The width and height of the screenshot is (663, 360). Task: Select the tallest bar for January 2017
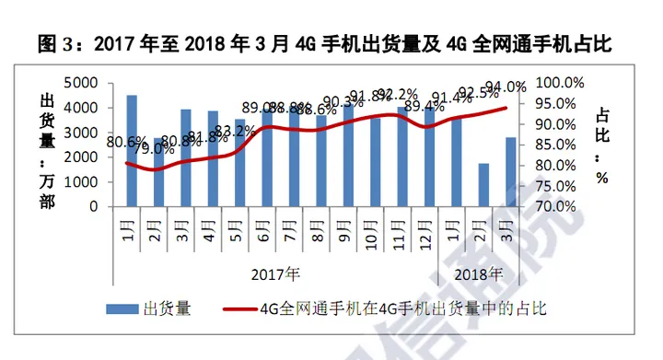point(132,151)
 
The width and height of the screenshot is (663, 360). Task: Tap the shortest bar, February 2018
point(483,185)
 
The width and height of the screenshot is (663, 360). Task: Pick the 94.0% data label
point(506,87)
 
